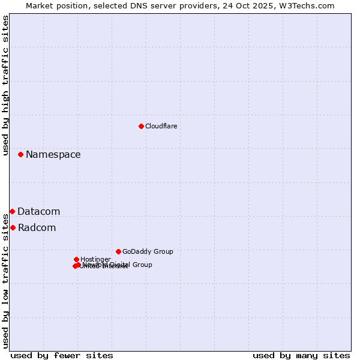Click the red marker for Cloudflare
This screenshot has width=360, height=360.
[x=141, y=126]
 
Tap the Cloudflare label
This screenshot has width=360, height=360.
[x=161, y=126]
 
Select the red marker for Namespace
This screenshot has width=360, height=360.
[x=20, y=154]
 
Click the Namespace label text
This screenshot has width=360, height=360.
[x=53, y=154]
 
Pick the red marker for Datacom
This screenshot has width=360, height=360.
[x=12, y=211]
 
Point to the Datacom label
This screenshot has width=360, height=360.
[x=38, y=211]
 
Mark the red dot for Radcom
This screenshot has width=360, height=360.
[x=13, y=227]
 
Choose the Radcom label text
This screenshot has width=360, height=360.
[x=37, y=227]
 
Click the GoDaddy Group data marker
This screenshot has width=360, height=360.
[x=118, y=251]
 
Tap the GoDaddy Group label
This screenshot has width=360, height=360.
[x=148, y=251]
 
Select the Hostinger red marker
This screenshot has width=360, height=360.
[x=76, y=259]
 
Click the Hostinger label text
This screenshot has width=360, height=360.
[x=95, y=259]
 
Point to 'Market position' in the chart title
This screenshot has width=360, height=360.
[x=53, y=5]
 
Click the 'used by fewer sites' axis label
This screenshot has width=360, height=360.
[x=62, y=355]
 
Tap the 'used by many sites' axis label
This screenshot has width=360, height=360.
[x=301, y=355]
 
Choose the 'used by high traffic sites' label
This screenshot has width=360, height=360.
[x=5, y=85]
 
